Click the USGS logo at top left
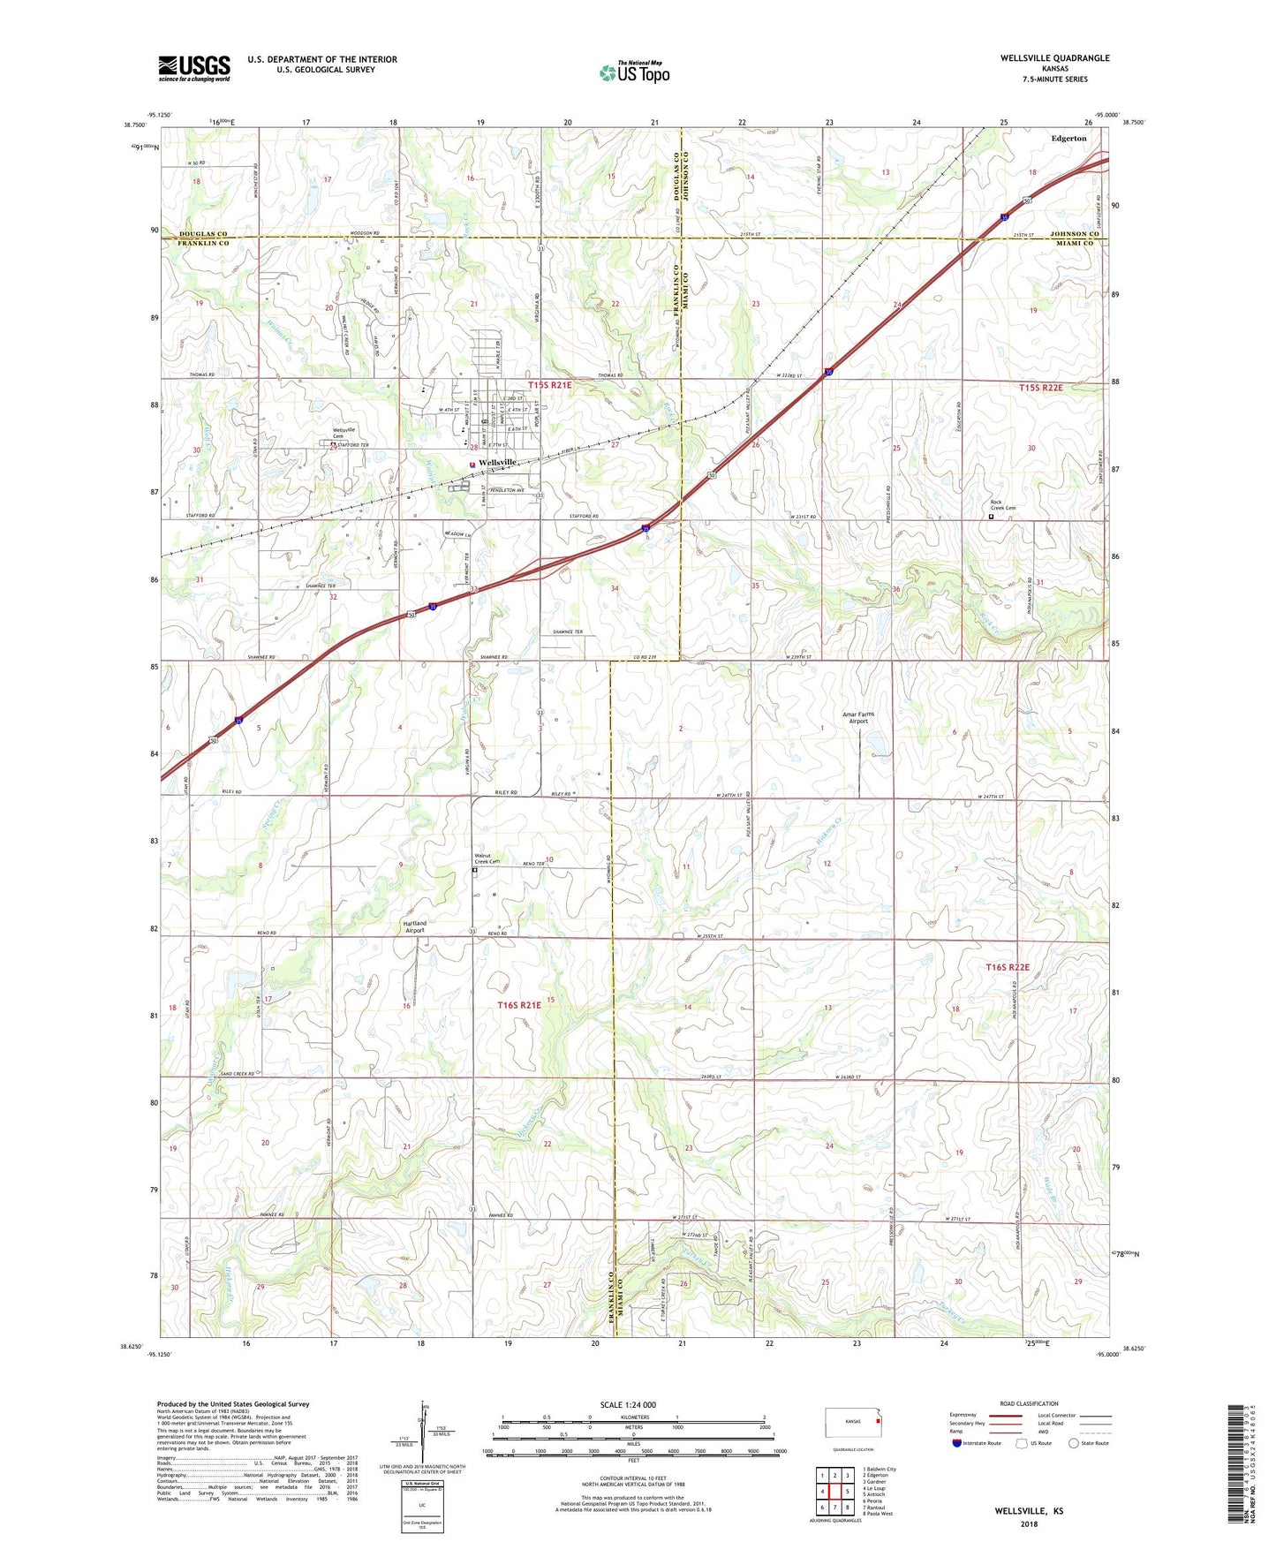click(194, 67)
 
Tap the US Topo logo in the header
click(634, 72)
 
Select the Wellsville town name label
click(497, 463)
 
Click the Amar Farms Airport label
click(858, 717)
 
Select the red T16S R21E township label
click(518, 1005)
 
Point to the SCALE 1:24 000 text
click(628, 1404)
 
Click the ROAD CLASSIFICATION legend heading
click(1029, 1403)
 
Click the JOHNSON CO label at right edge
click(1076, 234)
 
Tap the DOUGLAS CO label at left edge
click(203, 234)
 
